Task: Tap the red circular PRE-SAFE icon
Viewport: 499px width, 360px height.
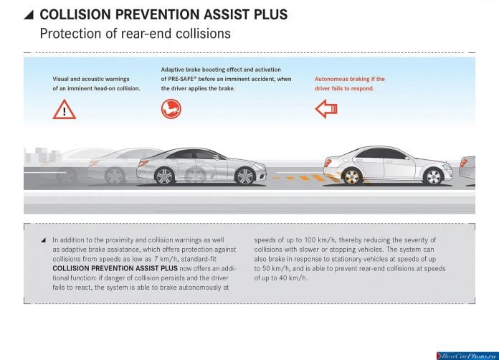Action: tap(171, 109)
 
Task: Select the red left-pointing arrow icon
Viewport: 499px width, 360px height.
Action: tap(326, 109)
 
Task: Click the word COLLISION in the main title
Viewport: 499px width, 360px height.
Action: tap(75, 14)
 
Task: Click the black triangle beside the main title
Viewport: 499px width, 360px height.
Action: tap(29, 14)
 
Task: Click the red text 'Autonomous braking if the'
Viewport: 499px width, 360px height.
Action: tap(350, 79)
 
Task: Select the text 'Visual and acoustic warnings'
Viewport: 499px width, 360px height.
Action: tap(91, 79)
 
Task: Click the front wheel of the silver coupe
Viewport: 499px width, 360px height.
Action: tap(245, 176)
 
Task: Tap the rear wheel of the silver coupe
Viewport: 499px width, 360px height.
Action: tap(164, 176)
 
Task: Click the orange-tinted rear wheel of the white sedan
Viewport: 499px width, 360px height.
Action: tap(351, 176)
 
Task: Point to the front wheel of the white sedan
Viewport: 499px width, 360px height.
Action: tap(433, 176)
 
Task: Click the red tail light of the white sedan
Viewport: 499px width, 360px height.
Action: tap(328, 163)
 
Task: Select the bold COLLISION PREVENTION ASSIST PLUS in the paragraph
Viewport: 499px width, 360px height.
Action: tap(115, 268)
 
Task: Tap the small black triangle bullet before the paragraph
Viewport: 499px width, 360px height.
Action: tap(43, 240)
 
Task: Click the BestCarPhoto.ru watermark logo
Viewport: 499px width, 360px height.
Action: tap(467, 356)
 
